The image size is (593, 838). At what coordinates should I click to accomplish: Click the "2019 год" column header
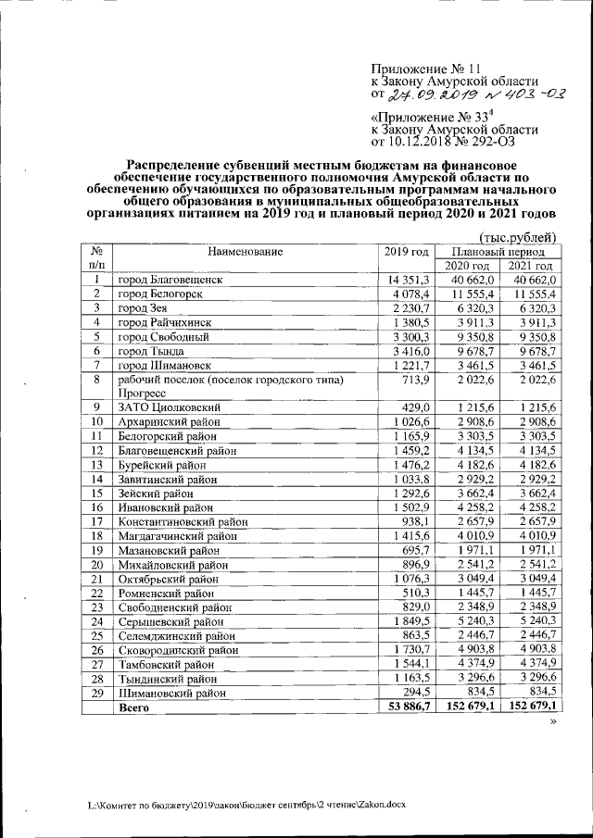pos(406,252)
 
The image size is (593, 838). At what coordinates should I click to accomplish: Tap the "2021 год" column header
pos(532,266)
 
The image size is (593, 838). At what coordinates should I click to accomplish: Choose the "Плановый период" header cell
pos(505,251)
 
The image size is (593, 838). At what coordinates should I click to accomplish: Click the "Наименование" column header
pos(245,252)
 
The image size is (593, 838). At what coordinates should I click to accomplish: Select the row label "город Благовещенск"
pos(170,280)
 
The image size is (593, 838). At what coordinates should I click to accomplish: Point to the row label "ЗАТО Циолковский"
pos(168,408)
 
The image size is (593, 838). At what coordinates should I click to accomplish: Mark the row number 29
pos(95,693)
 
